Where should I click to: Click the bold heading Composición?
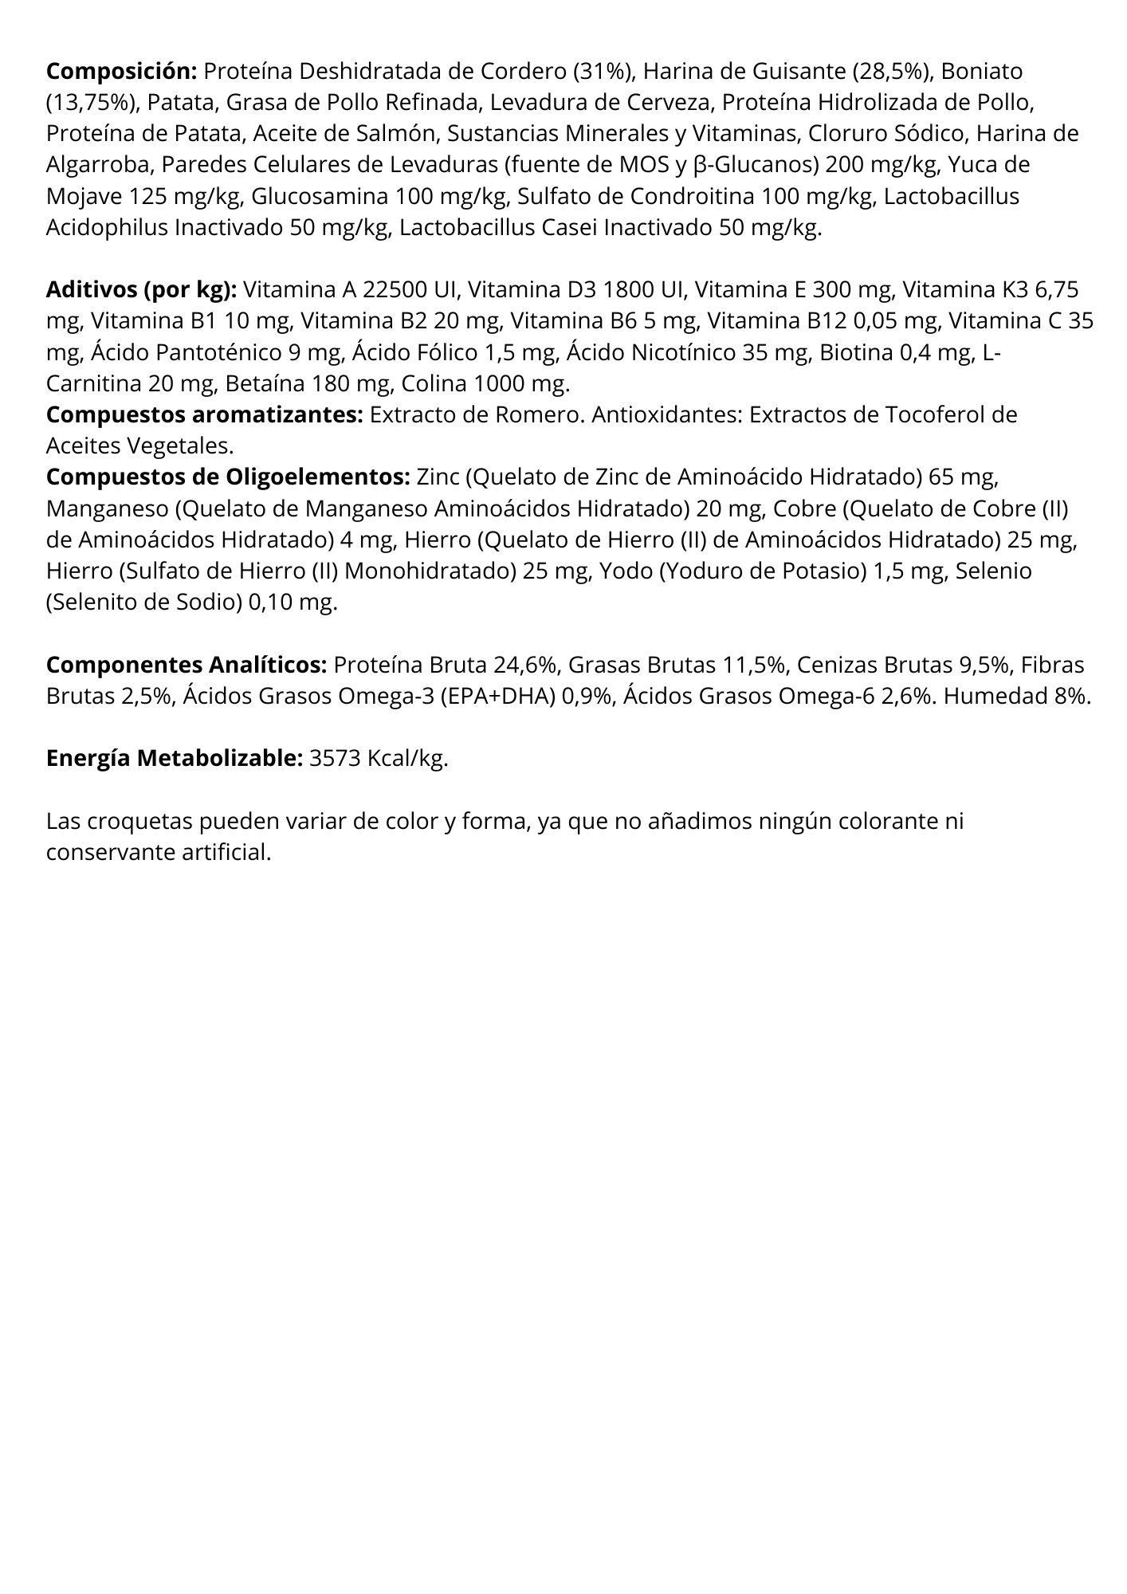[121, 72]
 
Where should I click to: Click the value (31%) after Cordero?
[603, 72]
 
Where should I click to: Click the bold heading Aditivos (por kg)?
[142, 289]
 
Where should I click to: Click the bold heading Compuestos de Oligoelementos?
[228, 477]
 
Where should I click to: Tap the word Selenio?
[993, 571]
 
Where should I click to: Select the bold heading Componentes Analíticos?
[187, 665]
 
